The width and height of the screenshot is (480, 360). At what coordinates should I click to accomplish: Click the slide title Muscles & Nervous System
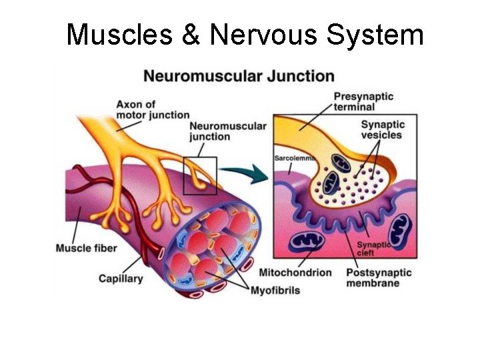pyautogui.click(x=245, y=35)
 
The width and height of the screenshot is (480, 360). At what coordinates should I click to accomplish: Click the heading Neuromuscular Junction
pyautogui.click(x=239, y=75)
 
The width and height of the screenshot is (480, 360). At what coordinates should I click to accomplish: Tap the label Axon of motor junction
pyautogui.click(x=153, y=109)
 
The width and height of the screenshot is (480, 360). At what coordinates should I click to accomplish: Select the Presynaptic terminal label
pyautogui.click(x=363, y=101)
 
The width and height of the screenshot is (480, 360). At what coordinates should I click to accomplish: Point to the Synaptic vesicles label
pyautogui.click(x=381, y=129)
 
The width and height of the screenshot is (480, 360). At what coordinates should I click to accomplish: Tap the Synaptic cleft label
pyautogui.click(x=373, y=249)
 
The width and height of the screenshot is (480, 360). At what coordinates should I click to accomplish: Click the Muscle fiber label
pyautogui.click(x=86, y=249)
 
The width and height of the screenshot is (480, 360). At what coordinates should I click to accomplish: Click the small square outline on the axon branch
pyautogui.click(x=200, y=175)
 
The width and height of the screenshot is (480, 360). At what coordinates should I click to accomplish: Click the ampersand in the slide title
pyautogui.click(x=191, y=35)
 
